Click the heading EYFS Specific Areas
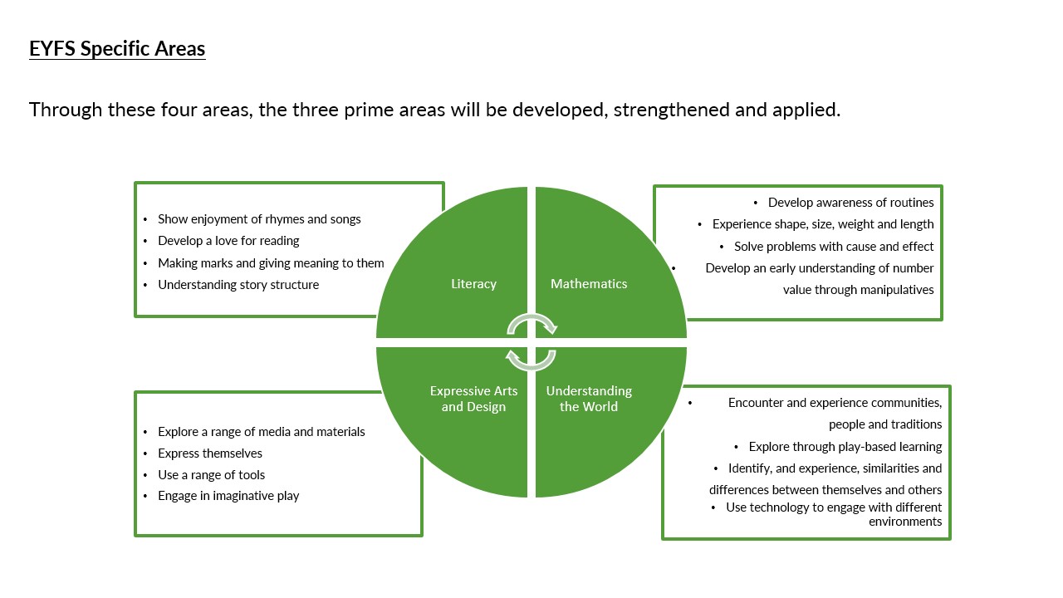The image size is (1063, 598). tap(117, 49)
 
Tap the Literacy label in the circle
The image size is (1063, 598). tap(473, 284)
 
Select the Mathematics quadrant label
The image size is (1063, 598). tap(589, 284)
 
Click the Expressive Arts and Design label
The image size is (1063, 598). tap(473, 399)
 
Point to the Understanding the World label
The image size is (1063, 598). tap(589, 399)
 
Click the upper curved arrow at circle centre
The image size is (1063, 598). tap(532, 323)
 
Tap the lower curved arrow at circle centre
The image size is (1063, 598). tap(531, 360)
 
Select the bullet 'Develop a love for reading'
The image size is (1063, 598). tap(228, 241)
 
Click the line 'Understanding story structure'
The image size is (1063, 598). tap(238, 285)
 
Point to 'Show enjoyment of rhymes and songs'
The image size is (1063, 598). tap(259, 219)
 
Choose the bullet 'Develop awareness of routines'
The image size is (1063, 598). tap(850, 203)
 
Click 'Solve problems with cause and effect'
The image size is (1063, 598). tap(834, 247)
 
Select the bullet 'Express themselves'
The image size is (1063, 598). tap(210, 453)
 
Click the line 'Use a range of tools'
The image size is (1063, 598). tap(212, 475)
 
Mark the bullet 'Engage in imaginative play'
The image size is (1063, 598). tap(228, 496)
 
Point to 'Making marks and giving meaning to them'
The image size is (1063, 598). tap(271, 263)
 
